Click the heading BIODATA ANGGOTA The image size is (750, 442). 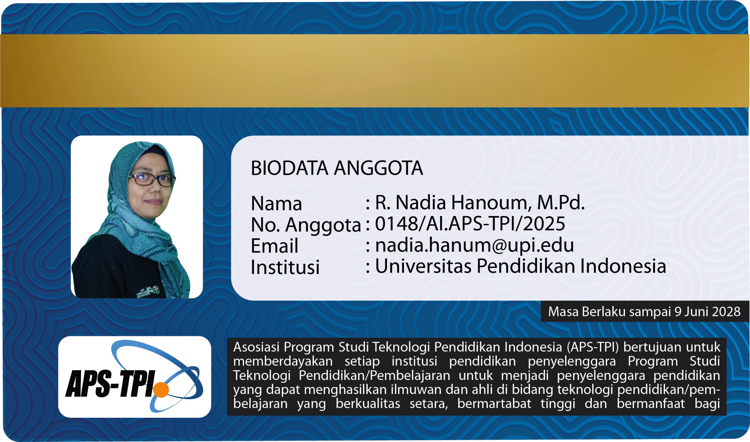point(337,168)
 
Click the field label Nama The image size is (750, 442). point(277,204)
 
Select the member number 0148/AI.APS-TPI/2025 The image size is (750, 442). point(470,224)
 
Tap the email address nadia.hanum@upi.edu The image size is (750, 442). point(474,245)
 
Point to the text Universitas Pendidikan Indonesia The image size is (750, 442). point(521,266)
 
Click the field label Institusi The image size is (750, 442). point(285,267)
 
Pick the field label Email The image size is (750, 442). point(275,246)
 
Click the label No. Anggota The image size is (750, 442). point(306,225)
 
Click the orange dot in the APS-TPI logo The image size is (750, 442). point(161,390)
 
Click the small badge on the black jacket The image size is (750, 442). point(149,290)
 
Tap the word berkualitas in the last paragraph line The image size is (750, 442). point(368,404)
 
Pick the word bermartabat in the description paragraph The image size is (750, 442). point(494,404)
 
